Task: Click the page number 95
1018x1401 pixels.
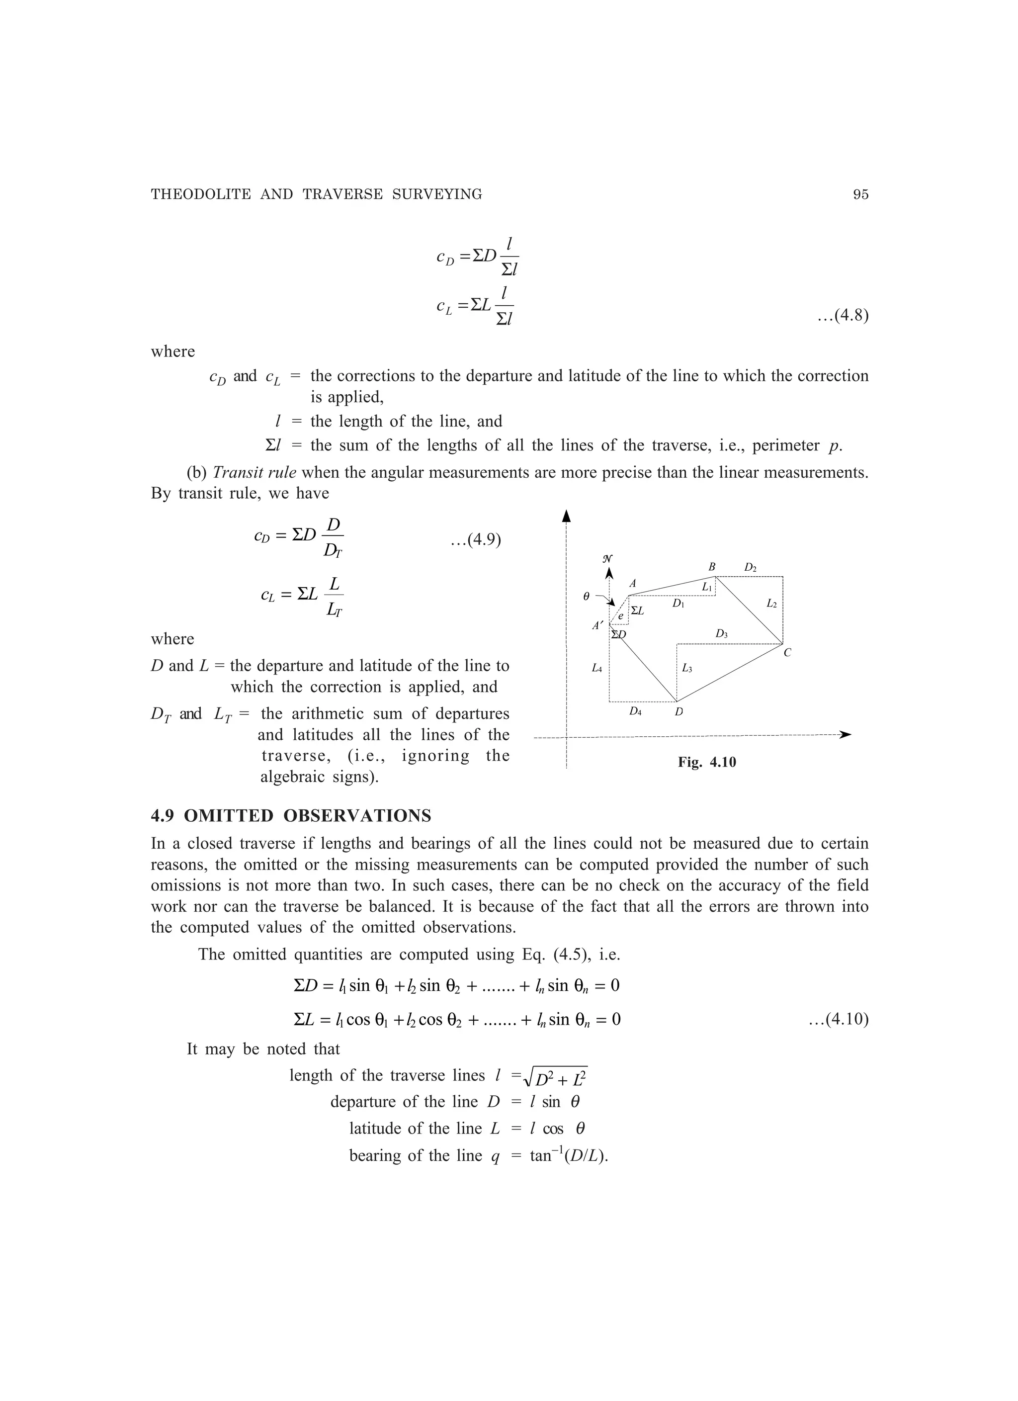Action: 860,194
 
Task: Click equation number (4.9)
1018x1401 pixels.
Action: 475,540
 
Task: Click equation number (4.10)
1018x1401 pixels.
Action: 838,1019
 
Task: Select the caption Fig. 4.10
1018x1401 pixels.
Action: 707,762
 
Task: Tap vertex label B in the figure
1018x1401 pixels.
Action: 712,566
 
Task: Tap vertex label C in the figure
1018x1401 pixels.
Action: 787,653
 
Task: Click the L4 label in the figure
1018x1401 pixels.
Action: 596,668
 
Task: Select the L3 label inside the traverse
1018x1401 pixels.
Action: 687,668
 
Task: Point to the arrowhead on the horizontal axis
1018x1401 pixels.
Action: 845,734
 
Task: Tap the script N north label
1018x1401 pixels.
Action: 607,558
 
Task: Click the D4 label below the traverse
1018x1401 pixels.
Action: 635,711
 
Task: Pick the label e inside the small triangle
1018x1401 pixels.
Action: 621,616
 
